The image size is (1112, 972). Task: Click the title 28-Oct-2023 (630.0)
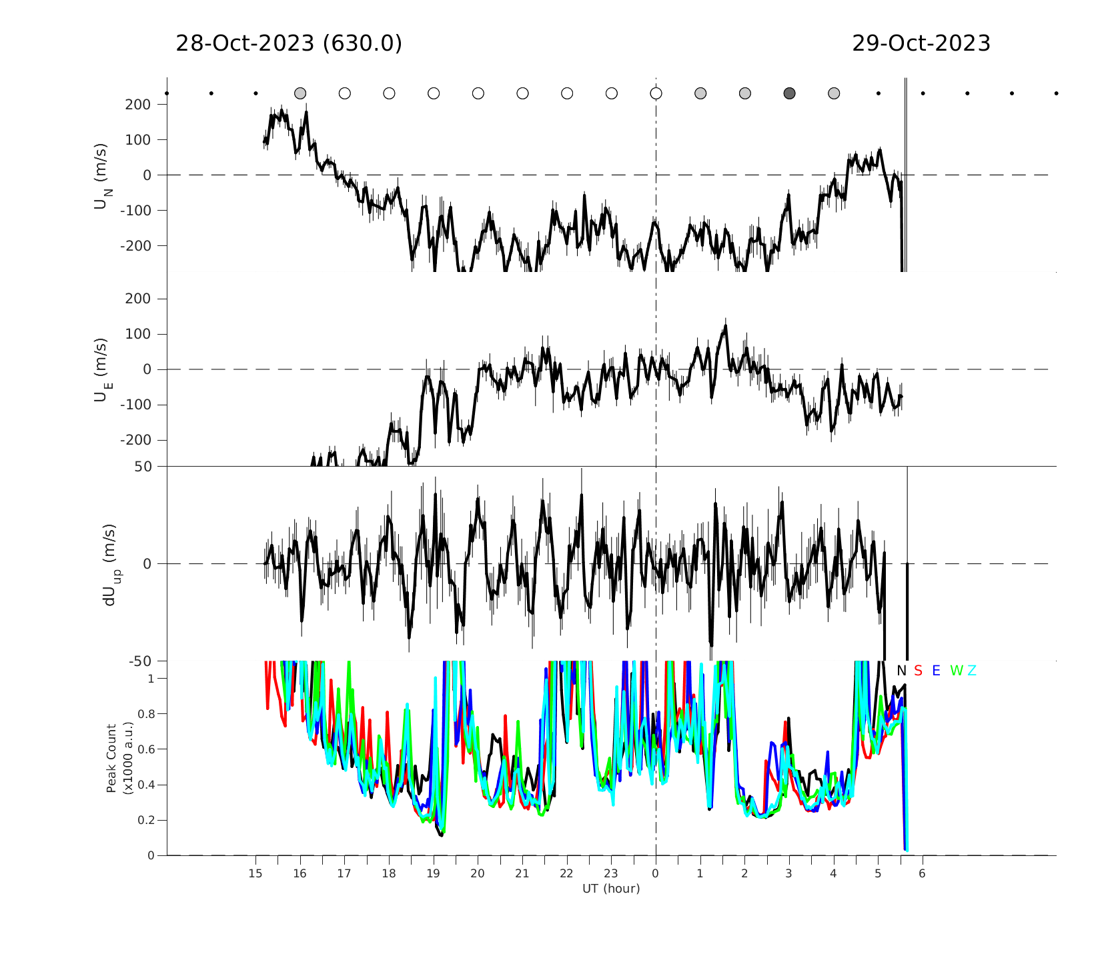(289, 43)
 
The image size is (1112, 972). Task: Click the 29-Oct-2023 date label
(921, 43)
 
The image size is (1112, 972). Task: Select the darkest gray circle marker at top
(789, 93)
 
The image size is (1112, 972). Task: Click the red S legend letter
(918, 671)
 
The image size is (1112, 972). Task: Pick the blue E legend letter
(936, 671)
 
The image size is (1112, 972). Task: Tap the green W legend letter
(957, 671)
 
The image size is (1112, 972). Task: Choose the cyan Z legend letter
(972, 671)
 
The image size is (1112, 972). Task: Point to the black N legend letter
(901, 671)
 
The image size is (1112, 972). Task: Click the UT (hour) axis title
(611, 889)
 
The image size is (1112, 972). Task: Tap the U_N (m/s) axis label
(102, 175)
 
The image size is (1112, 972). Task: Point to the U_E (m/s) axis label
(102, 370)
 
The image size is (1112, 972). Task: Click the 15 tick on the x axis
(255, 873)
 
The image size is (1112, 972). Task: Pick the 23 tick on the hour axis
(611, 873)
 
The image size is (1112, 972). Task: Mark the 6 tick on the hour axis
(922, 873)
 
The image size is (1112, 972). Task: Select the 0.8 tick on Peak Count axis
(146, 714)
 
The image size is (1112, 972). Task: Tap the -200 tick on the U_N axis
(135, 246)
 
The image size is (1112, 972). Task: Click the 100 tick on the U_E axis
(138, 334)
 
